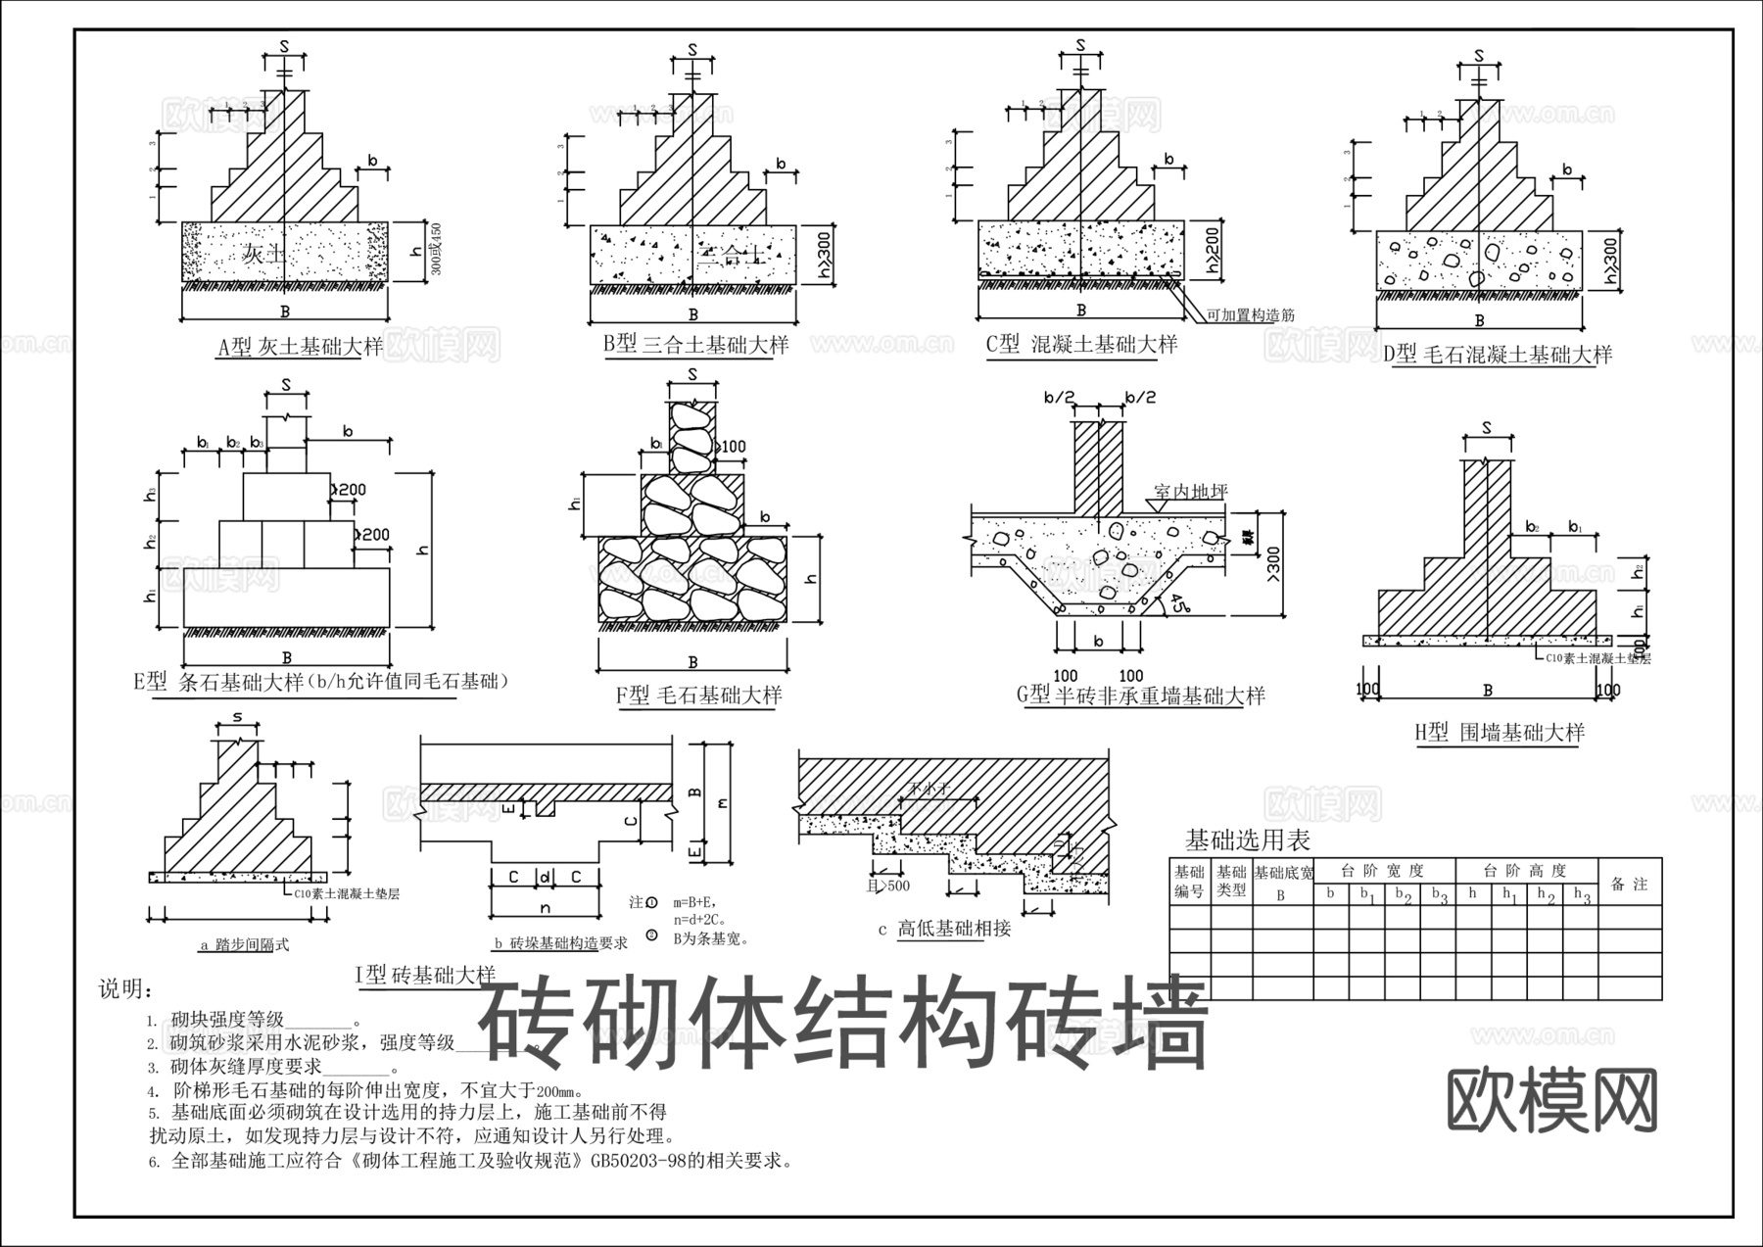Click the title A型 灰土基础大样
pyautogui.click(x=300, y=348)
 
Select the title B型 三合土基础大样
pyautogui.click(x=695, y=345)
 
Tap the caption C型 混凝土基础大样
pyautogui.click(x=1081, y=344)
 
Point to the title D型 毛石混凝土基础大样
pyautogui.click(x=1498, y=355)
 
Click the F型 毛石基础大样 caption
pyautogui.click(x=698, y=695)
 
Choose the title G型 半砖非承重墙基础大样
pyautogui.click(x=1141, y=695)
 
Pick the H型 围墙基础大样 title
pyautogui.click(x=1499, y=733)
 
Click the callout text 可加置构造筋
pyautogui.click(x=1251, y=315)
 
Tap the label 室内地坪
pyautogui.click(x=1190, y=492)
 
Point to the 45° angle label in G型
pyautogui.click(x=1167, y=604)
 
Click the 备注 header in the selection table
pyautogui.click(x=1630, y=884)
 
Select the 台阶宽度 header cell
pyautogui.click(x=1384, y=870)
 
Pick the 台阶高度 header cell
pyautogui.click(x=1526, y=870)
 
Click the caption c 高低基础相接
pyautogui.click(x=944, y=928)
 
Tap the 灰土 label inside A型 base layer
pyautogui.click(x=263, y=255)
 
